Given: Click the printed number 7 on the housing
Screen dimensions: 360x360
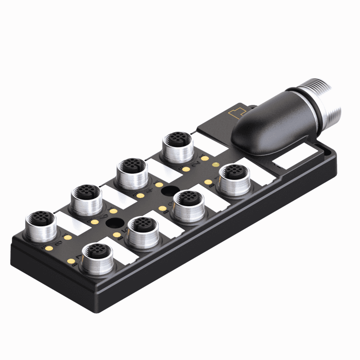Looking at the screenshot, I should click(x=78, y=256).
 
